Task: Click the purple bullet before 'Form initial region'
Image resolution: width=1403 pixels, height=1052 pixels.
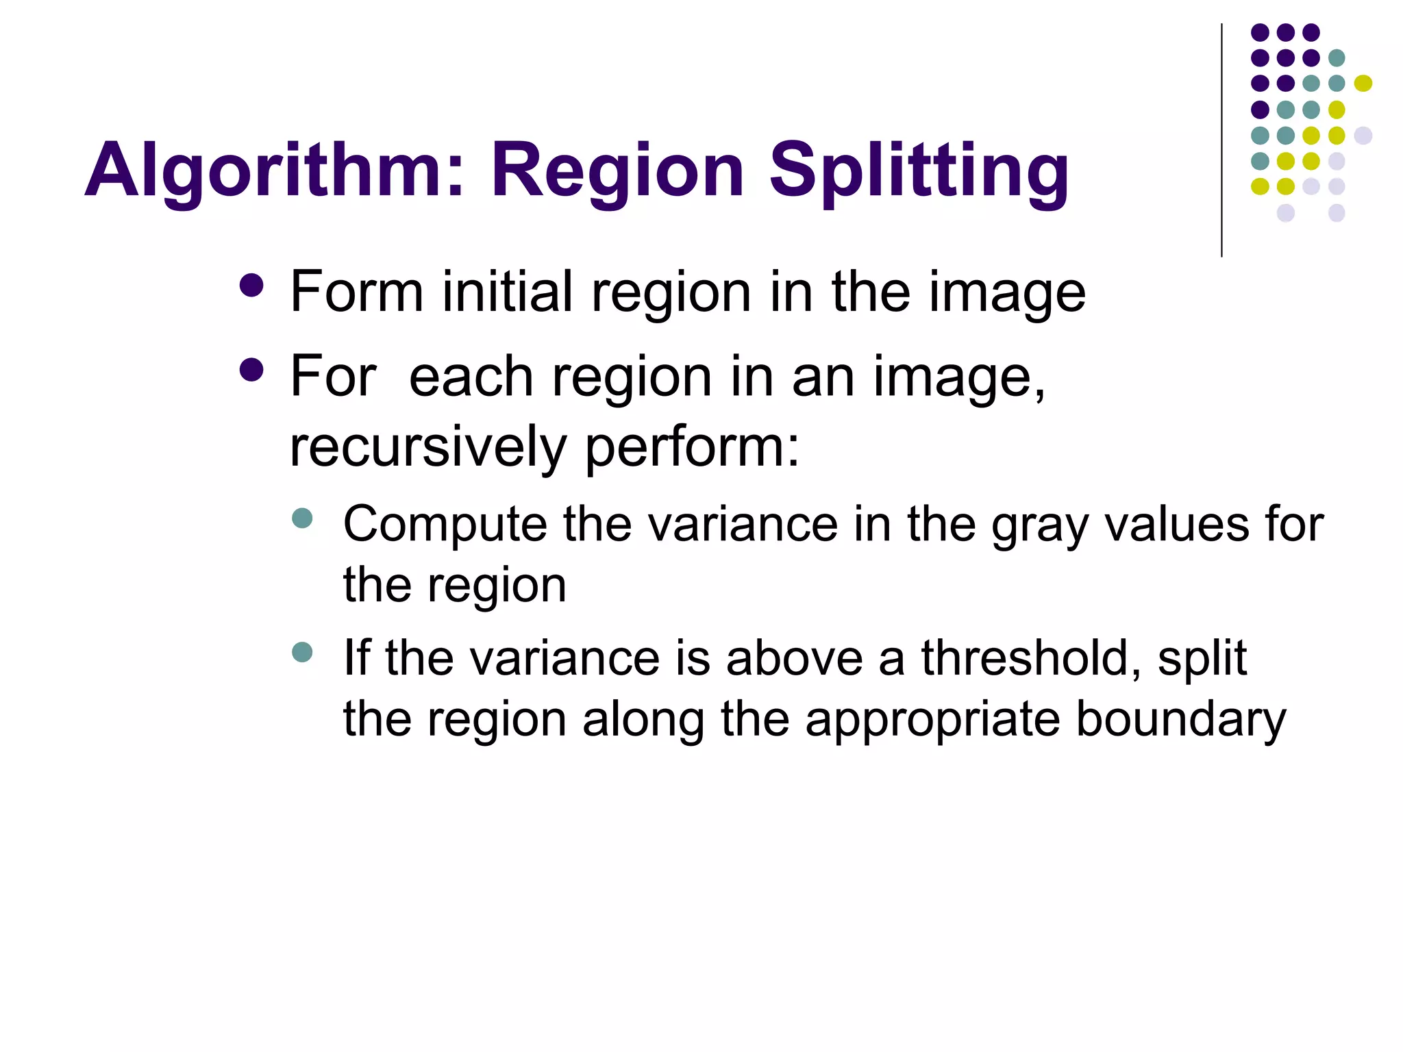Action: (252, 286)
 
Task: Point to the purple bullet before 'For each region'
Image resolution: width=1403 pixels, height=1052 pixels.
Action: (252, 370)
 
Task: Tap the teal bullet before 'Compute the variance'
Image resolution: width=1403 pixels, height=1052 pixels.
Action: (301, 518)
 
